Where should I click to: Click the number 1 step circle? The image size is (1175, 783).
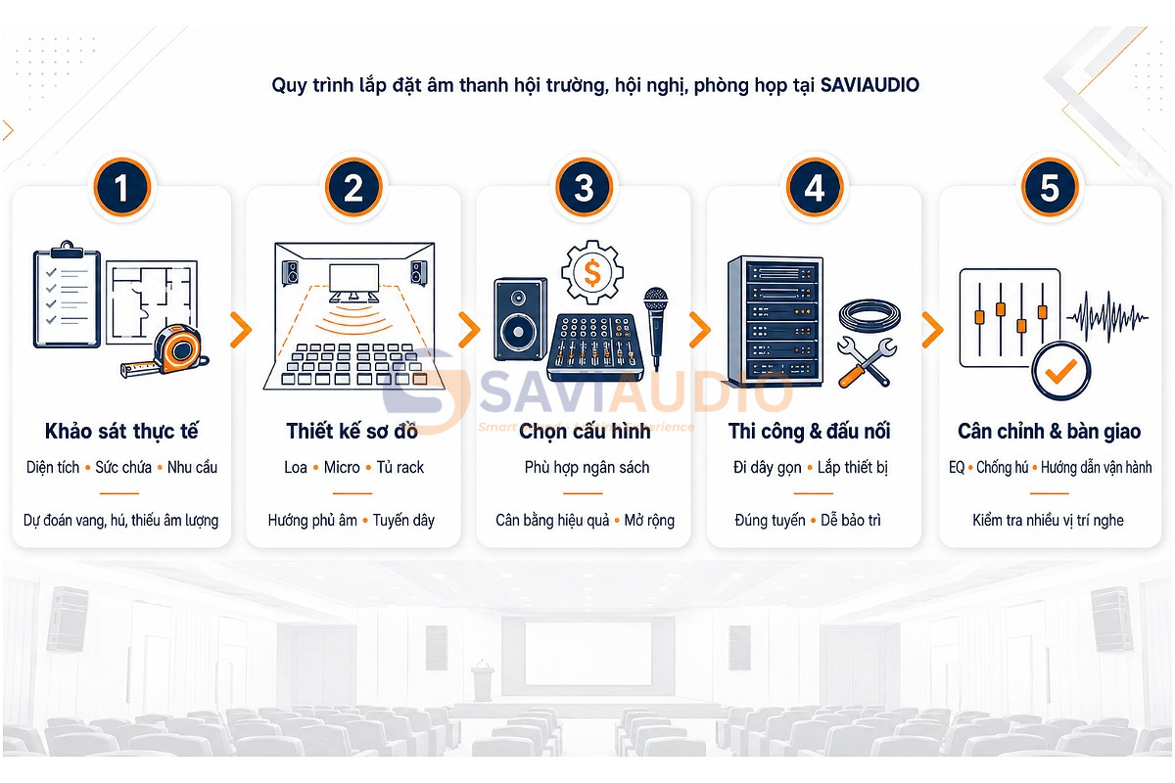[122, 187]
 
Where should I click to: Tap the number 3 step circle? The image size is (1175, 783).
[584, 187]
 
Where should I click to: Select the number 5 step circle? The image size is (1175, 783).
[1050, 187]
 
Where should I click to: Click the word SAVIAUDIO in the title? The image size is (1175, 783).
[869, 85]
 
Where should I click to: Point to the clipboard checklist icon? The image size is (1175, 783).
[67, 295]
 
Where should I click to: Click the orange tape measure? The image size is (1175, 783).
[166, 350]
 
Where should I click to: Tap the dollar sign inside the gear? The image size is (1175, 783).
[592, 272]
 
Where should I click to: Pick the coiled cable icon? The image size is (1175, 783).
[869, 316]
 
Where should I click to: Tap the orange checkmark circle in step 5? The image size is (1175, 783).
[1061, 371]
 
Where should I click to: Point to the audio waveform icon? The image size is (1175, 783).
[1106, 317]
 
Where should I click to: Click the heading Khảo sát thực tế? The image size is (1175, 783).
[121, 431]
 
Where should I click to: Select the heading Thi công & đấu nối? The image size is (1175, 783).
[809, 431]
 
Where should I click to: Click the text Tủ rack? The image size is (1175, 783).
[400, 467]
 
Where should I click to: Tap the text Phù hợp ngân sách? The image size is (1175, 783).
[587, 467]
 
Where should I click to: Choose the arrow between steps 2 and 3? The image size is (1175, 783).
[469, 330]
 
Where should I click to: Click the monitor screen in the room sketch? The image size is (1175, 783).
[354, 279]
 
